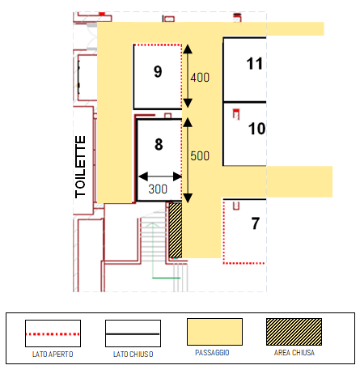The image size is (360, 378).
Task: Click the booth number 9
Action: point(158,72)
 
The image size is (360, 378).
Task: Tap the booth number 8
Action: point(159,144)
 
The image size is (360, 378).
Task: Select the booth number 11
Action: point(254,64)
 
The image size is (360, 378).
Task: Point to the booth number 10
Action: point(256,129)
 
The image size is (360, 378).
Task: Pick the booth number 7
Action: point(256,223)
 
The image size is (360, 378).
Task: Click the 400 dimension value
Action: point(200,78)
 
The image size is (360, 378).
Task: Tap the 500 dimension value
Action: point(200,156)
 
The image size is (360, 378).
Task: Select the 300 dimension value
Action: point(158,189)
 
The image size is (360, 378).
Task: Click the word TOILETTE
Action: point(80,167)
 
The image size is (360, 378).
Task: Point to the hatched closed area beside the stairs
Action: point(176,230)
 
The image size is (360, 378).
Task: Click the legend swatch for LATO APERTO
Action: point(53,333)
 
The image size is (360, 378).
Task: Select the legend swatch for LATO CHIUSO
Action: point(133,333)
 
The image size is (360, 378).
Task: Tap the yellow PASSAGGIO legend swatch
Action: point(214,332)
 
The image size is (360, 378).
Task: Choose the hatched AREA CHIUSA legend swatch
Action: point(294,332)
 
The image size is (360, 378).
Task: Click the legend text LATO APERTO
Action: point(53,355)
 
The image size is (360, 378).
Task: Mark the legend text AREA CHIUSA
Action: point(294,353)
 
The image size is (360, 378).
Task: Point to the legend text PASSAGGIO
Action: point(212,353)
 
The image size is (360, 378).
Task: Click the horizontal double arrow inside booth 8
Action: point(160,176)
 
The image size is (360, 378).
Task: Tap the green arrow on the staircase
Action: point(153,250)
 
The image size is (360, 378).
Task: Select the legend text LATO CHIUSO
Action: point(133,355)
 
